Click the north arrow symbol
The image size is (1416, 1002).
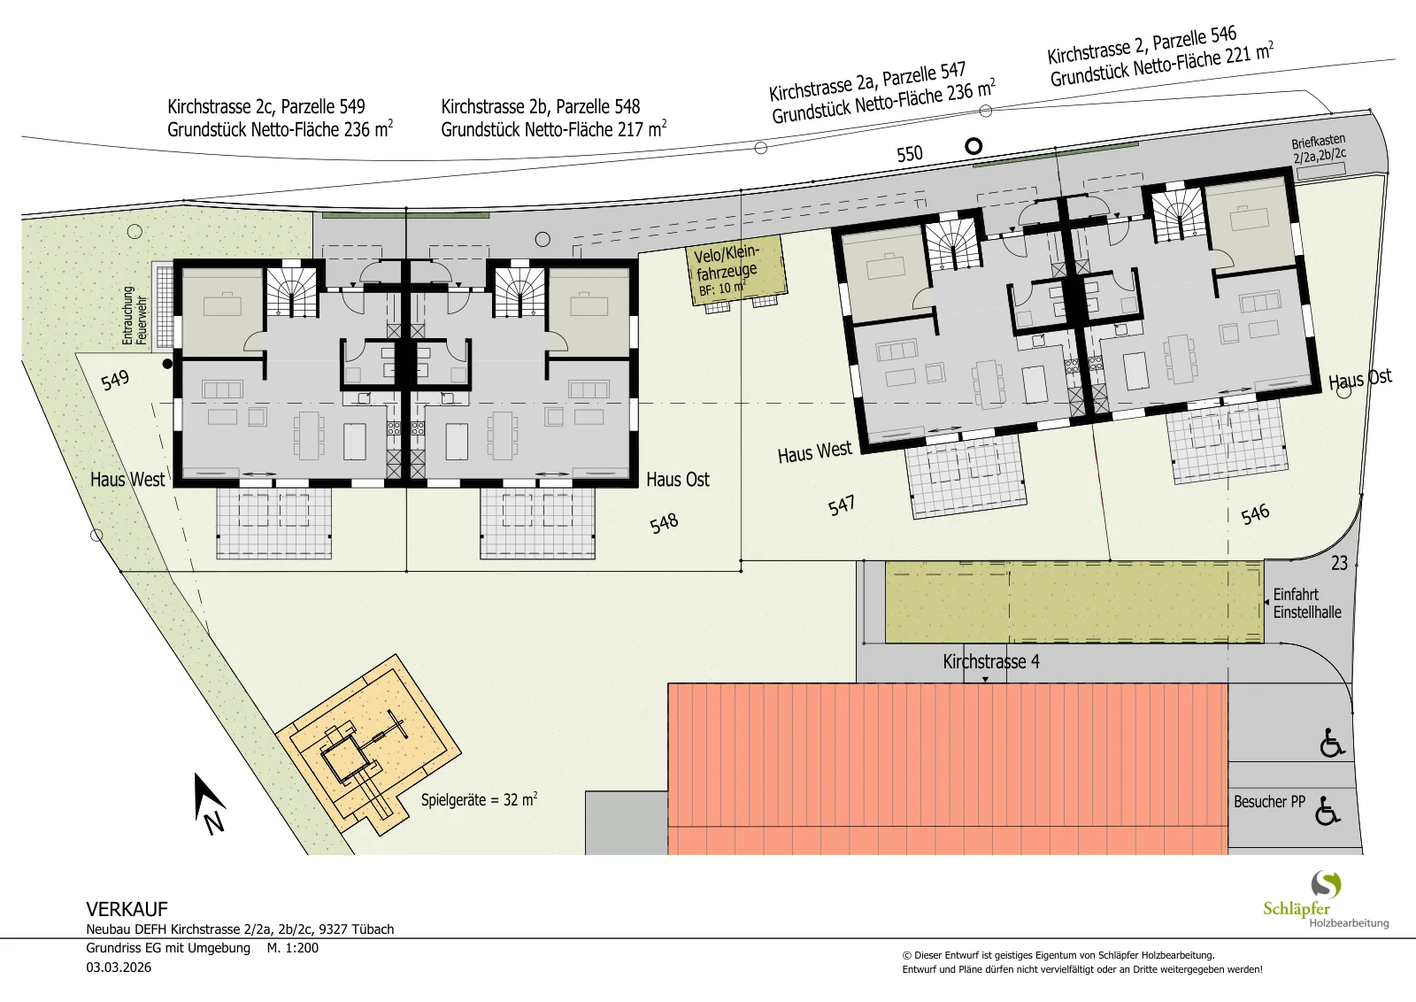[209, 803]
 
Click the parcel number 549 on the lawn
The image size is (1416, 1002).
[115, 380]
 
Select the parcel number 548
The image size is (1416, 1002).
[664, 523]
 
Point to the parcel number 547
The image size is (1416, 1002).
[842, 505]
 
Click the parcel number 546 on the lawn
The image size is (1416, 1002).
[1255, 514]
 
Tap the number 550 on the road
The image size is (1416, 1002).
[910, 154]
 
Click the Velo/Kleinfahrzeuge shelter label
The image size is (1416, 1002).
[727, 270]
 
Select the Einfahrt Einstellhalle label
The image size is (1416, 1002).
[1306, 603]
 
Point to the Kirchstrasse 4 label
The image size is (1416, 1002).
[991, 661]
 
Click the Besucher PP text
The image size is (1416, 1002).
[1269, 802]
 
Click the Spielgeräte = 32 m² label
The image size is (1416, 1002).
[479, 799]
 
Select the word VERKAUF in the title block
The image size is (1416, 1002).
[127, 909]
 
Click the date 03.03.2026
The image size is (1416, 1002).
[119, 967]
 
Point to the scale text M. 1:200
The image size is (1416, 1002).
[293, 948]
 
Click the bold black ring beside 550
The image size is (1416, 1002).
[974, 147]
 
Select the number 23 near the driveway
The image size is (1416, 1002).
[1339, 563]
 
